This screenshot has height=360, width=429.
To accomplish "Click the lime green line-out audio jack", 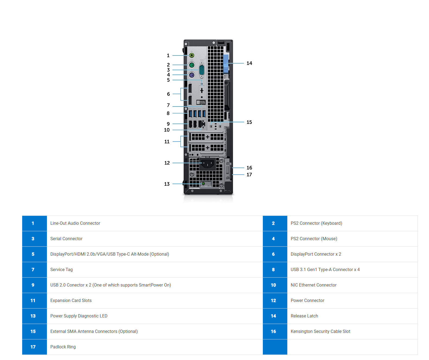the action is tap(192, 55).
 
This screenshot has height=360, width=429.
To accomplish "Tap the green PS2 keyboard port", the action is tap(192, 65).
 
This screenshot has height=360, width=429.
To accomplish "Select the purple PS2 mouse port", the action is tap(192, 75).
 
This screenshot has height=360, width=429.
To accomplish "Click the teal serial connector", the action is tap(202, 70).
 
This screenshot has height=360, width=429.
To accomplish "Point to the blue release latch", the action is tap(225, 64).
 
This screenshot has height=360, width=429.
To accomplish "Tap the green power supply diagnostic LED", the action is tap(203, 184).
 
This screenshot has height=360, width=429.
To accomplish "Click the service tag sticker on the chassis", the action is tap(201, 102).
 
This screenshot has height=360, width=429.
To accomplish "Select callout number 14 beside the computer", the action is tap(249, 63).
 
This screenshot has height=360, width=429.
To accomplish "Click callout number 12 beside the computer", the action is tap(167, 163).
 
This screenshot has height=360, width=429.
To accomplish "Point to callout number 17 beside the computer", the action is tap(249, 175).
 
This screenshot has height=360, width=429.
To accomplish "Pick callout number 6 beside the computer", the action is tap(168, 94).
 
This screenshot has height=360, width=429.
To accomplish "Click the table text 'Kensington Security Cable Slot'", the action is tap(320, 331).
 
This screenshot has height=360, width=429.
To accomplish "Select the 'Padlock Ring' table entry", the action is tap(63, 347).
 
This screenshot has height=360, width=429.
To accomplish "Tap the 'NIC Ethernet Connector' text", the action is tap(313, 285).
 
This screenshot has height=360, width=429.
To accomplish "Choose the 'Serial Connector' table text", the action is tap(66, 239).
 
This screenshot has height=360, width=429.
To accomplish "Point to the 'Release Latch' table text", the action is tap(304, 316).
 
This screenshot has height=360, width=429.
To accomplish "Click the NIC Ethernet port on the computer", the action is tap(201, 124).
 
